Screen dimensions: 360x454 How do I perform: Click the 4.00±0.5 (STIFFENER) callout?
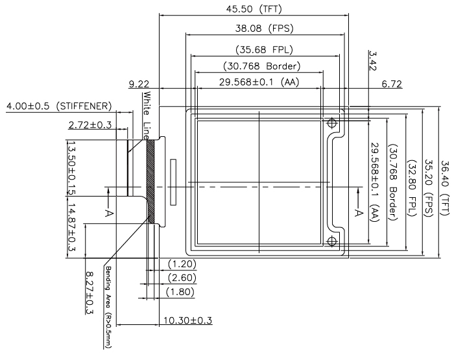[58, 106]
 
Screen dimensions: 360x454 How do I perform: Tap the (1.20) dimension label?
[182, 264]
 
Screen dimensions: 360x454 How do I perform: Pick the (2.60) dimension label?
[182, 278]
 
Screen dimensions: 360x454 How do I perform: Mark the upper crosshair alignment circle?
[333, 123]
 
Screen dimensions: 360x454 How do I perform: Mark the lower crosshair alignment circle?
[333, 242]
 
